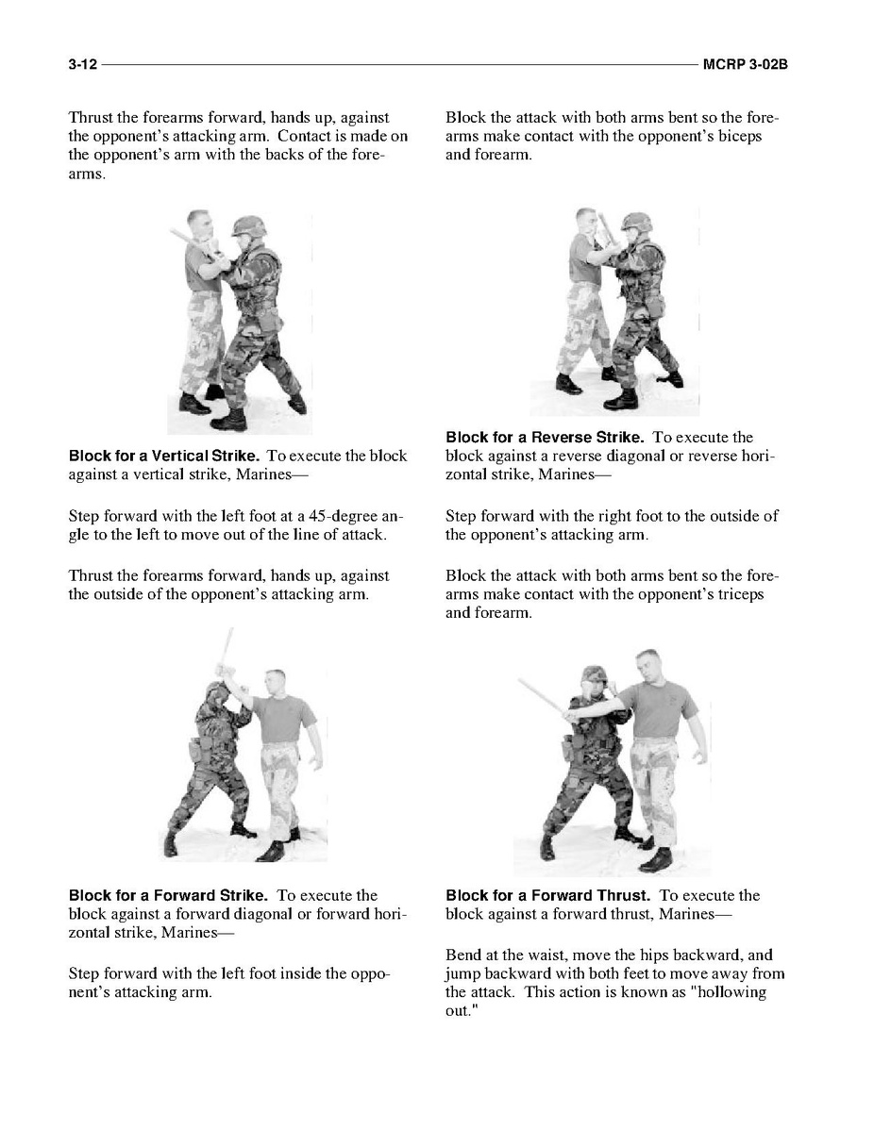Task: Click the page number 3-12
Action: point(83,64)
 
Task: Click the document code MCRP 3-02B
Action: point(746,64)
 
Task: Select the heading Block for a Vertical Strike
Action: point(163,456)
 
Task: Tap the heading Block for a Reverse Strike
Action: point(545,437)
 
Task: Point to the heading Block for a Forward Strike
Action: point(168,895)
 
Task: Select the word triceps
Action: point(738,594)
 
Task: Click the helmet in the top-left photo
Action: point(247,226)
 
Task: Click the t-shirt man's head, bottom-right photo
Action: point(647,664)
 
